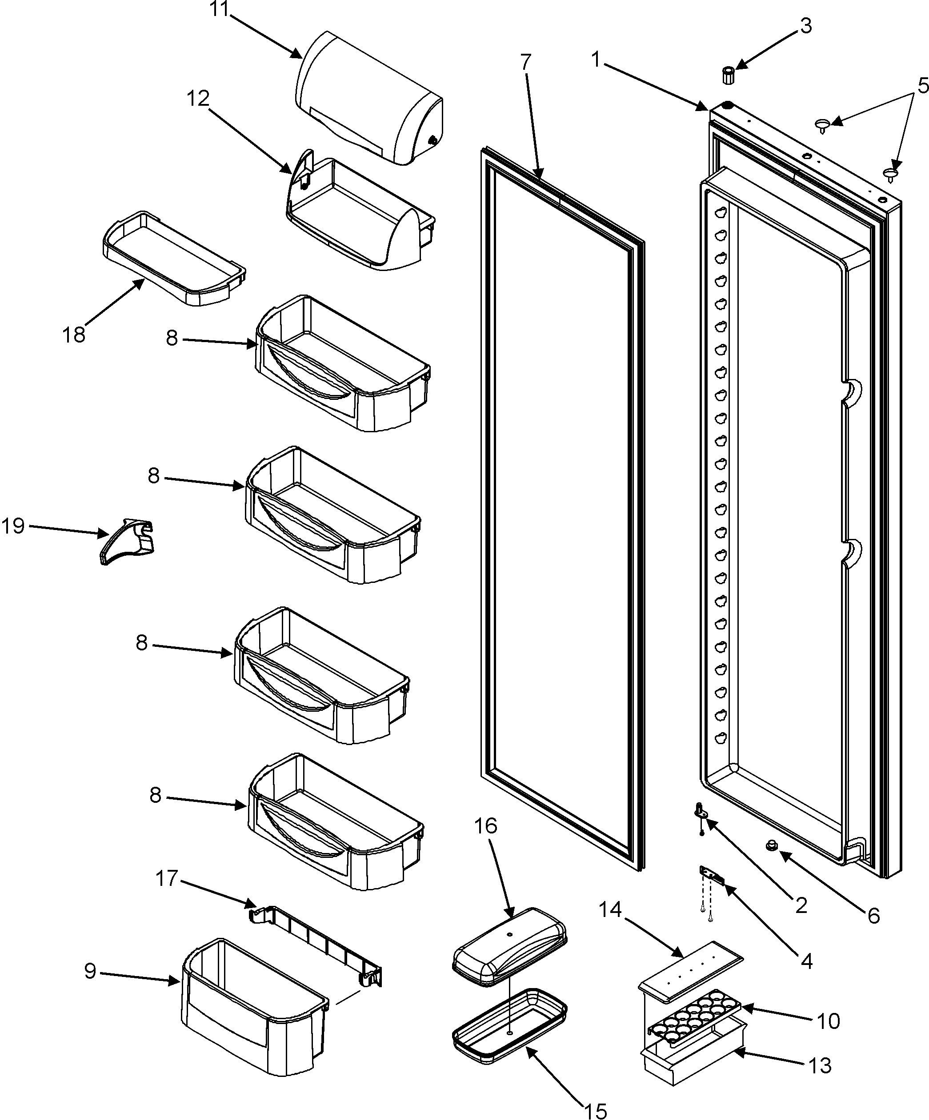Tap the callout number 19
pos(13,526)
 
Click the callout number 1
pos(596,59)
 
